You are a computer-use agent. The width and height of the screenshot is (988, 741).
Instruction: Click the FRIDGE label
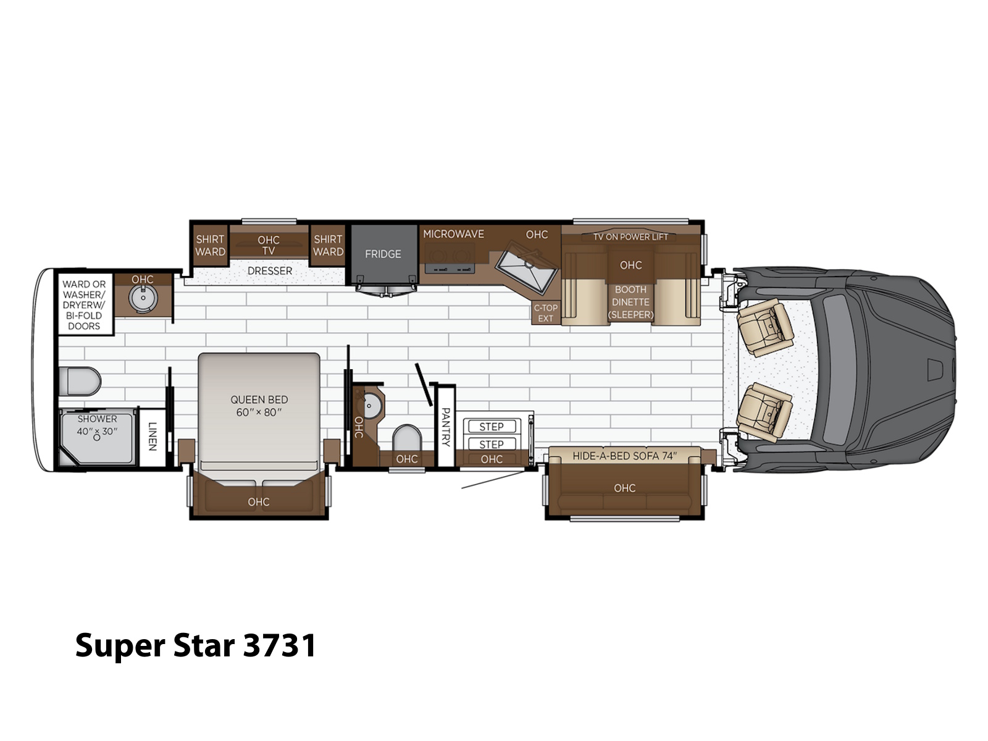tap(383, 254)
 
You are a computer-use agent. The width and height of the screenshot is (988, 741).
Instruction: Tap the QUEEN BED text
tap(259, 400)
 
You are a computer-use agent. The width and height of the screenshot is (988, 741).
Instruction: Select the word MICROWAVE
tap(453, 234)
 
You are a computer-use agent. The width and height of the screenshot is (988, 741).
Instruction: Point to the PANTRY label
tap(446, 427)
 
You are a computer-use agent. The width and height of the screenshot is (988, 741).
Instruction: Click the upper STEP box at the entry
tap(492, 426)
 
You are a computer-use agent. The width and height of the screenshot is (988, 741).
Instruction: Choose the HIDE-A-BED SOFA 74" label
tap(624, 456)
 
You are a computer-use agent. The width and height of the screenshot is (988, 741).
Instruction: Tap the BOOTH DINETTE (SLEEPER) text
tap(630, 302)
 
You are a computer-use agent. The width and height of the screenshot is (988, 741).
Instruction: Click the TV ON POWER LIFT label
tap(630, 237)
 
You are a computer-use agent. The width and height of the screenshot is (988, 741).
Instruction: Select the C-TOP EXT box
tap(545, 312)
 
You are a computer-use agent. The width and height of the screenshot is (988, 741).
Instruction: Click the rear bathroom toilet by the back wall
tap(80, 381)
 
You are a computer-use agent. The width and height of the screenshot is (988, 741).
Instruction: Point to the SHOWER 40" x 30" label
tap(97, 425)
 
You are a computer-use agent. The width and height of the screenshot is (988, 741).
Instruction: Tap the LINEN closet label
tap(153, 436)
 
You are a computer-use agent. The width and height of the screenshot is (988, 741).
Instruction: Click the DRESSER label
tap(270, 271)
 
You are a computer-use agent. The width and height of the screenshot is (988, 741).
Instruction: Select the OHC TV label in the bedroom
tap(268, 245)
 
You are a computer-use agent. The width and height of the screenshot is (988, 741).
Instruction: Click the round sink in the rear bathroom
tap(143, 298)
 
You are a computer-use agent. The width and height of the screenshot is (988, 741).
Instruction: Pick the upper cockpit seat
tap(764, 327)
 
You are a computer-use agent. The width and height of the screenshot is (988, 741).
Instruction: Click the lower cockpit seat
tap(764, 412)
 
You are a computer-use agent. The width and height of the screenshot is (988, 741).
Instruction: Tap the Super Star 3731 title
tap(195, 646)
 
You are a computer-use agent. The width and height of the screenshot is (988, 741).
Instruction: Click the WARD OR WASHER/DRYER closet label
tap(84, 304)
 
